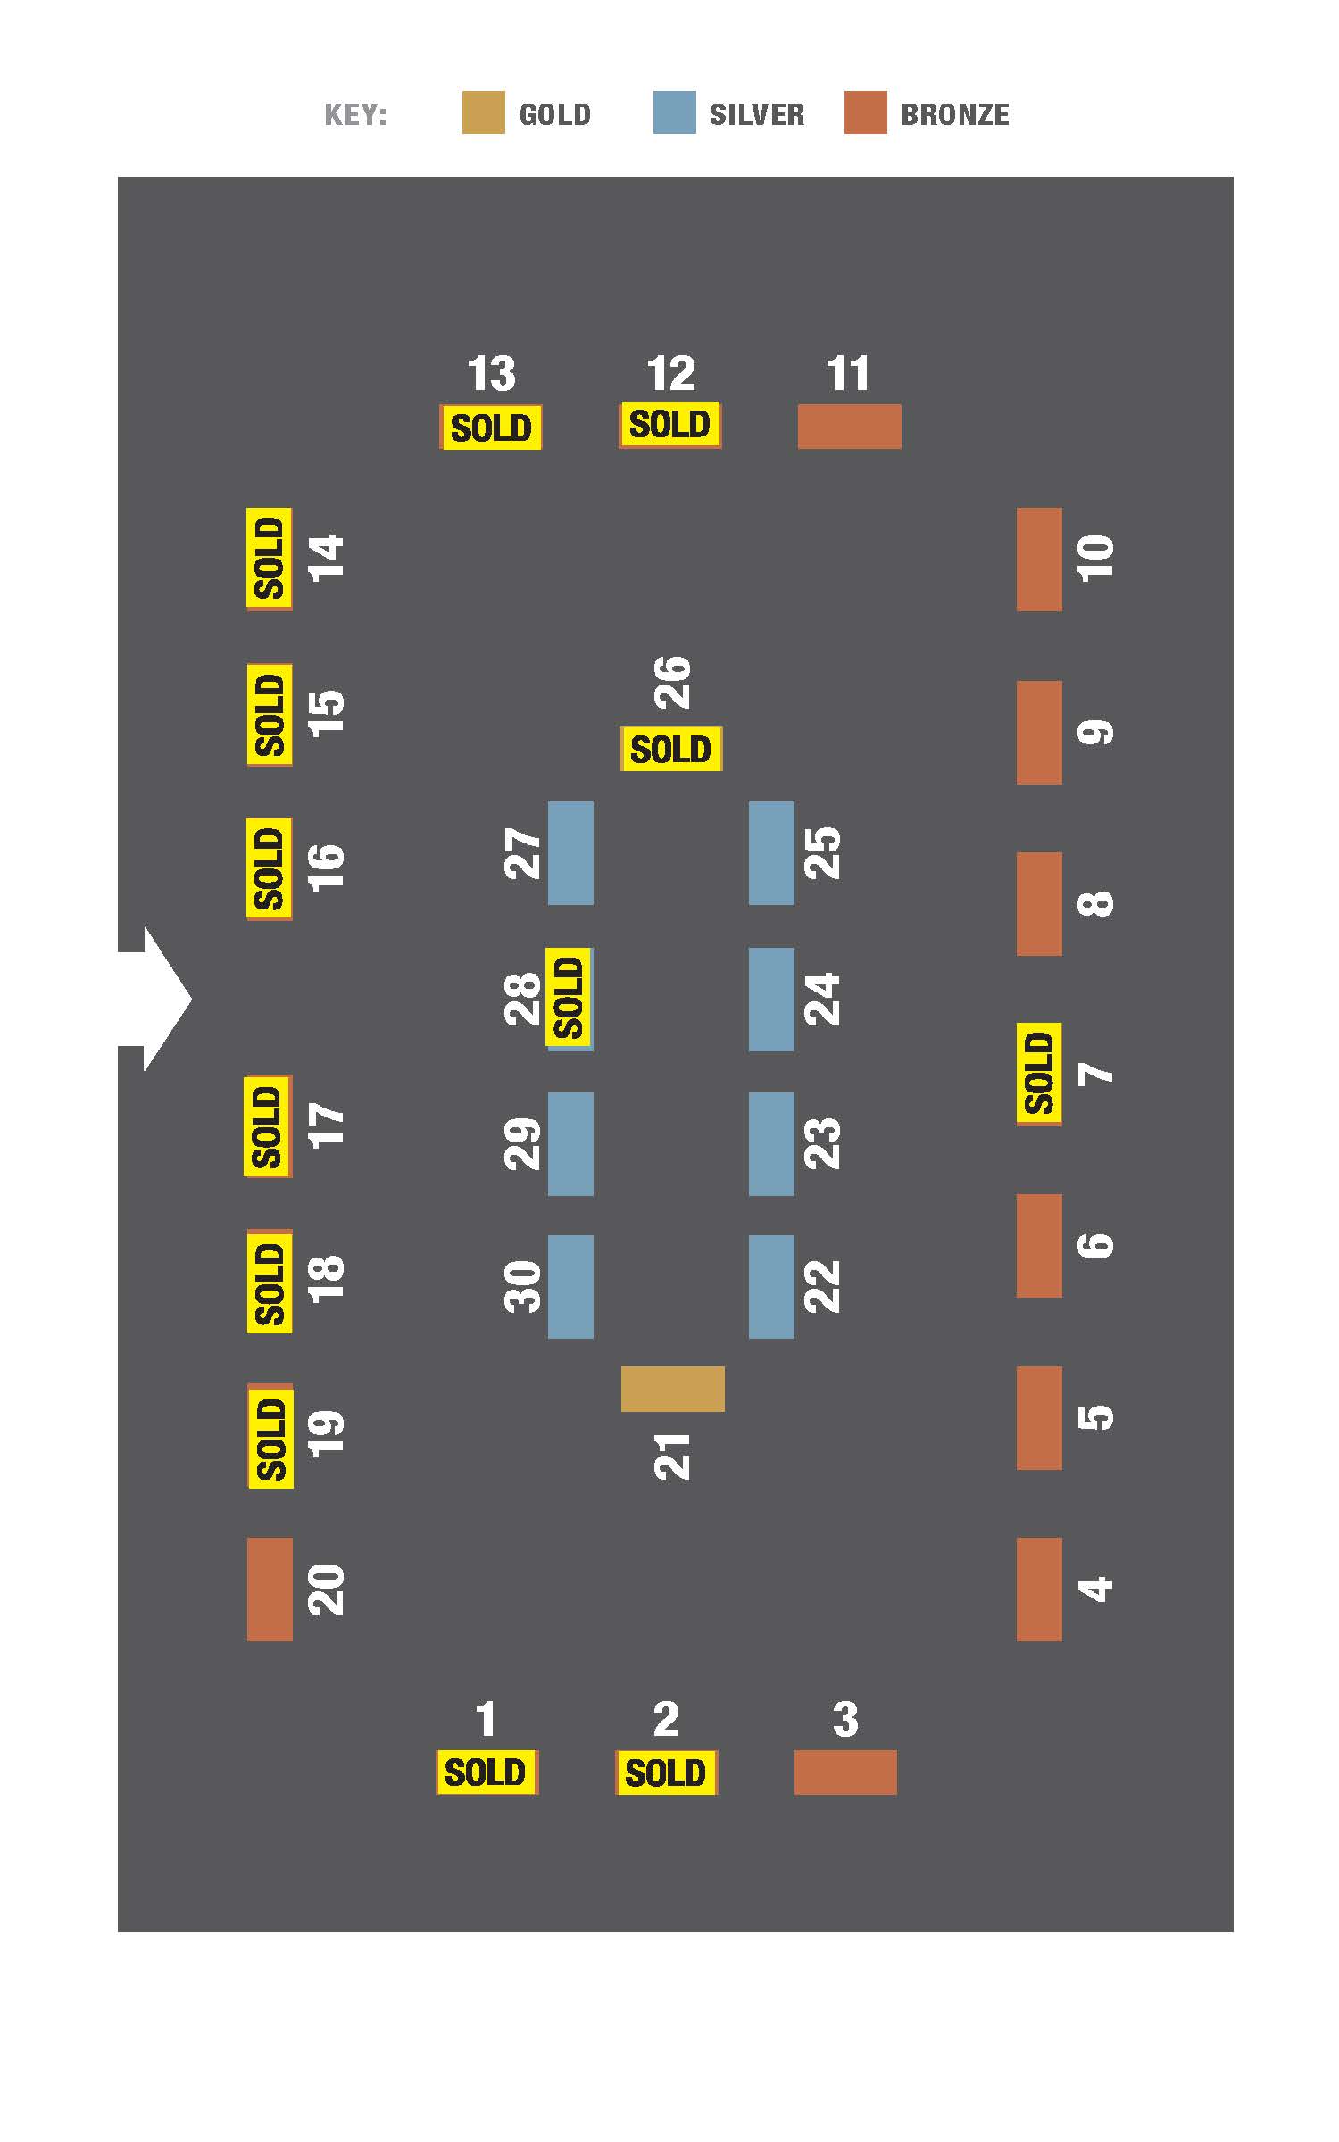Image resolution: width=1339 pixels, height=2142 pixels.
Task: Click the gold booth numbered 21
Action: tap(672, 1389)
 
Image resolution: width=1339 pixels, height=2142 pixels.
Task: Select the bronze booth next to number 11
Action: tap(849, 427)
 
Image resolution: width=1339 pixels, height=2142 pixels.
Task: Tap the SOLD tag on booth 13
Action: tap(491, 428)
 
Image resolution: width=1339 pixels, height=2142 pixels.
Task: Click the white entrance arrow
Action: tap(155, 999)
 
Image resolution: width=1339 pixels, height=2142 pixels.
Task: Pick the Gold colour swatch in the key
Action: tap(483, 112)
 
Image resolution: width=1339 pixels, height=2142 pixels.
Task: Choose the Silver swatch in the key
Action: tap(674, 112)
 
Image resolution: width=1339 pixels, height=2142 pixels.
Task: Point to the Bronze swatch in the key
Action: tap(866, 112)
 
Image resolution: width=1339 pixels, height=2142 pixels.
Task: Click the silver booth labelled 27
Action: tap(570, 853)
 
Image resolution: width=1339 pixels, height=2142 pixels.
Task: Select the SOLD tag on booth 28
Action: tap(569, 998)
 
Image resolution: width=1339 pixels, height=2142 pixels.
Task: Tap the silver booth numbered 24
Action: tap(771, 1000)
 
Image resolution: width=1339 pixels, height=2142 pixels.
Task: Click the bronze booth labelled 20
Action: tap(270, 1589)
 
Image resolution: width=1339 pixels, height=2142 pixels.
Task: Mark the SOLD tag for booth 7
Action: tap(1039, 1073)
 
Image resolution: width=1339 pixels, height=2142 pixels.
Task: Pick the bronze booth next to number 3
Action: tap(845, 1772)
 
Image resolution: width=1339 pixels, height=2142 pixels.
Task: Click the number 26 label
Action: tap(673, 683)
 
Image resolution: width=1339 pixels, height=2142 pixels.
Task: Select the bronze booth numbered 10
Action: tap(1039, 560)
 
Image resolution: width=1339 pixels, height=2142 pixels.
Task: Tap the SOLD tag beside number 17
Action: tap(267, 1126)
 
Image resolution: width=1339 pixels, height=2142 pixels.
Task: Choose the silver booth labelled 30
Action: tap(570, 1287)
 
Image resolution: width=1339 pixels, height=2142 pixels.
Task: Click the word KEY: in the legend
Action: tap(355, 115)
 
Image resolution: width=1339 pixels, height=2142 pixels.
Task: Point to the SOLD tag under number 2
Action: tap(666, 1772)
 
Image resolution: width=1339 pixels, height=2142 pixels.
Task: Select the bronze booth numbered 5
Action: tap(1039, 1417)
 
